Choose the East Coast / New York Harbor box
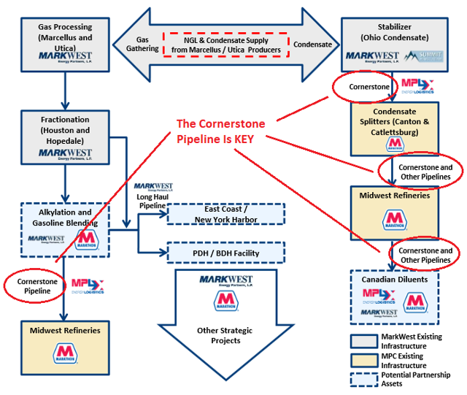[x=226, y=214]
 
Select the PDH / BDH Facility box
[x=226, y=253]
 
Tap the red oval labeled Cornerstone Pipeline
[x=34, y=285]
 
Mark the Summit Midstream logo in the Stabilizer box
[x=422, y=57]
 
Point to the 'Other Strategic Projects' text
[x=225, y=335]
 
